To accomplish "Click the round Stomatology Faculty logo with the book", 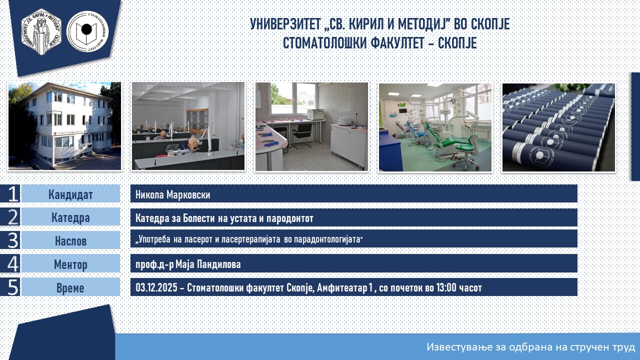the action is [87, 31].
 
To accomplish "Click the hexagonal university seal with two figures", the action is [41, 31].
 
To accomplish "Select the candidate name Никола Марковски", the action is [172, 194].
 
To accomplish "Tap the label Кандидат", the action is [70, 194].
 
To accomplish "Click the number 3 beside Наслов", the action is [12, 240].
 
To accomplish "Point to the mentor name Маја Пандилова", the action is [208, 264].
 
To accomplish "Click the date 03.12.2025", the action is [156, 287].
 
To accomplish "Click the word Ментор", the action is [70, 264].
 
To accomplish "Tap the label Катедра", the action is [70, 217].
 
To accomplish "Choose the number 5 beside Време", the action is [12, 287].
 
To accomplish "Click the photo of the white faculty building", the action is [64, 126].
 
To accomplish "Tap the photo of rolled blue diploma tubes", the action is [558, 127].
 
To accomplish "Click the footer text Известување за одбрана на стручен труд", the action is [530, 347].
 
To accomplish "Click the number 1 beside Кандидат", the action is [12, 193].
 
